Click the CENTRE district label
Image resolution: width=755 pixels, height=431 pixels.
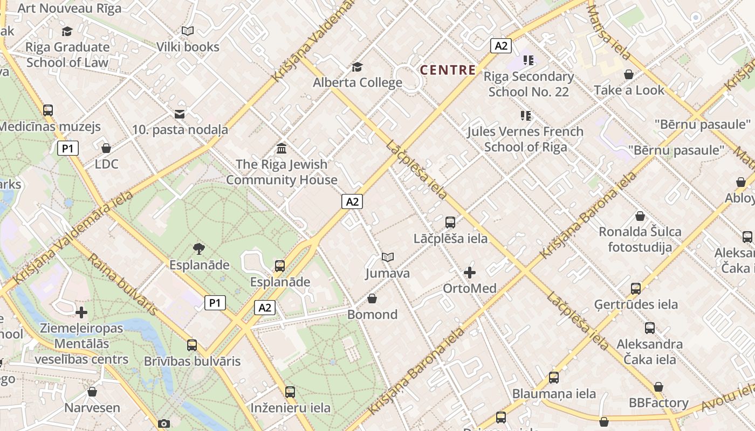point(448,70)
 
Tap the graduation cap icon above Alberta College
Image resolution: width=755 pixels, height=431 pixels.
point(357,67)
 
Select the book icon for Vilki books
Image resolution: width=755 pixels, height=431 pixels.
point(187,31)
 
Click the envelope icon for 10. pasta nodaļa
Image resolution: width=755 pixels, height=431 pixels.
point(180,114)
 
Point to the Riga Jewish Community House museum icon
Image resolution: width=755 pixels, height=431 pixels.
point(282,148)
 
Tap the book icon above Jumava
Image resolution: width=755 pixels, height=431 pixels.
point(387,257)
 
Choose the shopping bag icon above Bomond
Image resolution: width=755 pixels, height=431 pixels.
point(372,298)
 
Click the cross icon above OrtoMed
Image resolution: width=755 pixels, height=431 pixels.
point(470,273)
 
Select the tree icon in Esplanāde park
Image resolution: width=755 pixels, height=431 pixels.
point(199,249)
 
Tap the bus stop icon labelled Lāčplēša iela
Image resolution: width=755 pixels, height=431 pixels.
point(450,222)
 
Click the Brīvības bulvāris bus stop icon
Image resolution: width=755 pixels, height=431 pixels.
point(192,345)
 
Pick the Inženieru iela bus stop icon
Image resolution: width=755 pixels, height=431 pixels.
point(290,392)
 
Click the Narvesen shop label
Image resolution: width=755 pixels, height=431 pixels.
point(92,407)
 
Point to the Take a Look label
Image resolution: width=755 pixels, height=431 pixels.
point(629,90)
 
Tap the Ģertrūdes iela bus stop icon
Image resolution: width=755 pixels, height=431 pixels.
point(636,289)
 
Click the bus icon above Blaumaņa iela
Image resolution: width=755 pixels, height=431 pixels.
point(554,378)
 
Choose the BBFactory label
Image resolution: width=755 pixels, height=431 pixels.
point(658,403)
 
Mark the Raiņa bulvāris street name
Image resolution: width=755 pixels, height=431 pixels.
point(122,284)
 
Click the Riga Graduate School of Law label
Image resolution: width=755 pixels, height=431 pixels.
point(67,54)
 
